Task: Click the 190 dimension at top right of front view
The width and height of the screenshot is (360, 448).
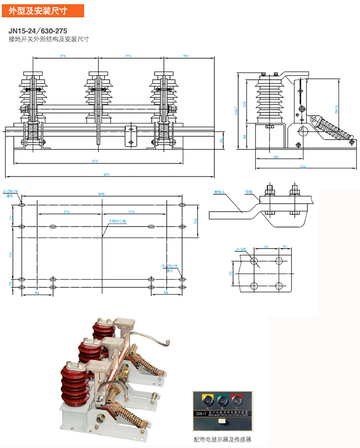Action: pos(186,56)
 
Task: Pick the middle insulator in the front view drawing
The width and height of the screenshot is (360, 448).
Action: pos(99,97)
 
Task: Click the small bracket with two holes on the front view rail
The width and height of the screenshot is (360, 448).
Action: pos(131,136)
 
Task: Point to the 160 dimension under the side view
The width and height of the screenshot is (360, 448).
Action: pos(275,157)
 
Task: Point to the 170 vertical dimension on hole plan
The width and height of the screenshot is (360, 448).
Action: pos(12,255)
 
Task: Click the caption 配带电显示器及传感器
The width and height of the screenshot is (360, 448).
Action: pos(222,439)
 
